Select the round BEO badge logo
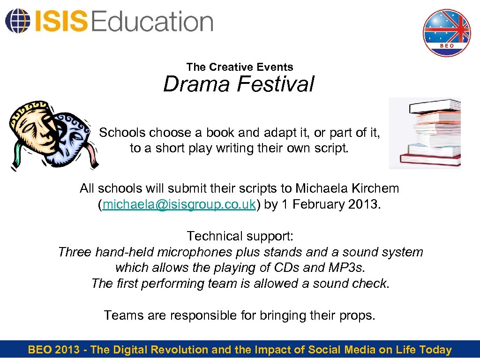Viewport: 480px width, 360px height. click(x=446, y=33)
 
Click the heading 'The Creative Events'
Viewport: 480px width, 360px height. click(x=240, y=67)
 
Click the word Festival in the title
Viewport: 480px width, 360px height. click(x=276, y=85)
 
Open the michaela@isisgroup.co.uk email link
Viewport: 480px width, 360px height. click(x=179, y=205)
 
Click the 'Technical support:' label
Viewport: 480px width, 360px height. click(x=240, y=236)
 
